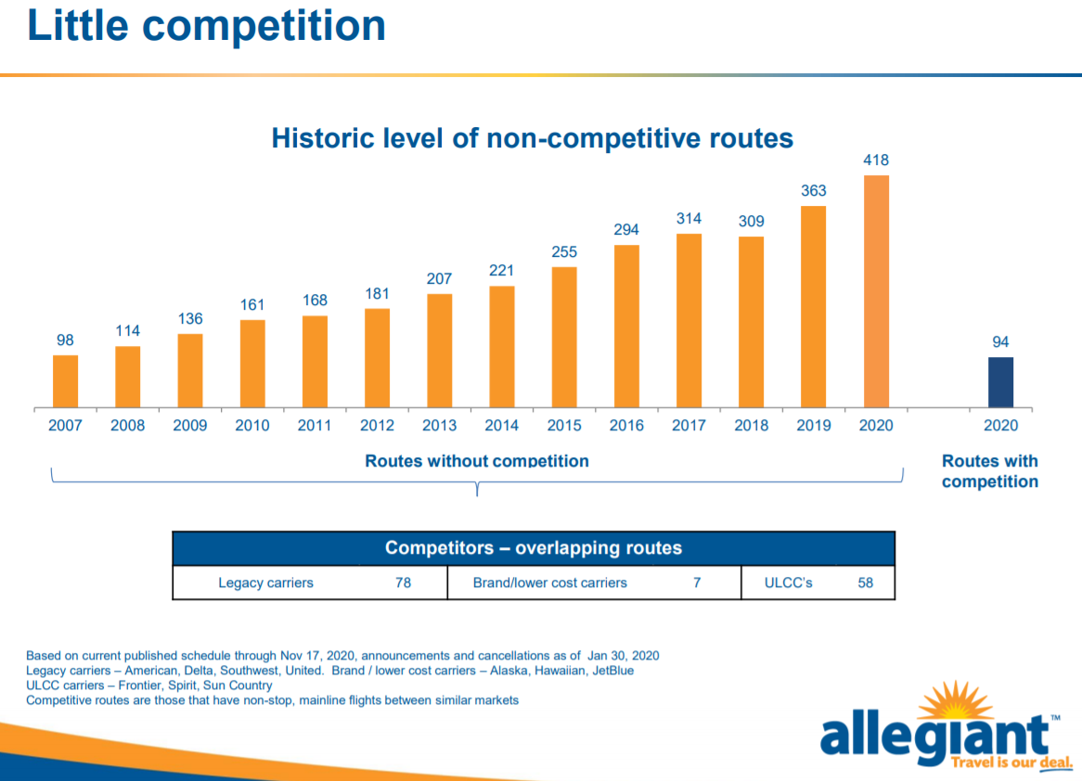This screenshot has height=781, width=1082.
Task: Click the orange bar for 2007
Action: (x=66, y=381)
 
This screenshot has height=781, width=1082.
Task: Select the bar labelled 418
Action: (x=876, y=291)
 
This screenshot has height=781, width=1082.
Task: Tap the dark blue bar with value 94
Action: (x=1000, y=382)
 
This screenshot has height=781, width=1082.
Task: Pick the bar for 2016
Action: (x=626, y=326)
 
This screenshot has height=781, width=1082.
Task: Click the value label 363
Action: (x=814, y=190)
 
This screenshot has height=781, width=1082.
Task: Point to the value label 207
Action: (x=439, y=279)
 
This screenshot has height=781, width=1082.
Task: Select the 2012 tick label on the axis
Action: (x=377, y=426)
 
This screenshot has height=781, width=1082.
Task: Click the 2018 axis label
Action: (x=752, y=426)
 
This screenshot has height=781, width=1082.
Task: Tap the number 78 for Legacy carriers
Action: (x=403, y=583)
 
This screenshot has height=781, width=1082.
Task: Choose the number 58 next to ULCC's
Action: (x=866, y=583)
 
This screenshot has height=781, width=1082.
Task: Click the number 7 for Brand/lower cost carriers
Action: (x=697, y=583)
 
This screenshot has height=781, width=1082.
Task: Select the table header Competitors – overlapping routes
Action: (x=534, y=548)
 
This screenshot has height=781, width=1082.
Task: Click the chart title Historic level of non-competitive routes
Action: (x=532, y=138)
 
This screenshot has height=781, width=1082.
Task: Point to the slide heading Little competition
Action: (x=206, y=26)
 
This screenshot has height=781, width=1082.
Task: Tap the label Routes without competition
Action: (x=477, y=461)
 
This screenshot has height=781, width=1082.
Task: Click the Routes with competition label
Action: (x=990, y=471)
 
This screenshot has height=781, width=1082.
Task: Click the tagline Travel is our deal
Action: (x=1011, y=762)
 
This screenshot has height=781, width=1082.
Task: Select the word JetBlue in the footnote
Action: (x=612, y=671)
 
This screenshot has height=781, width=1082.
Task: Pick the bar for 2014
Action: (x=502, y=347)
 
